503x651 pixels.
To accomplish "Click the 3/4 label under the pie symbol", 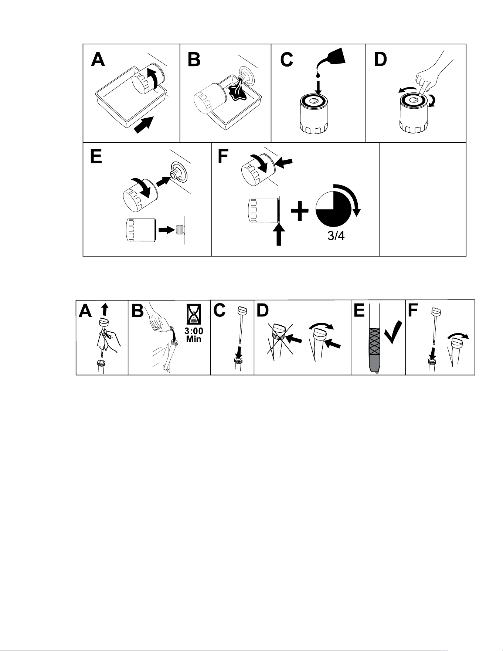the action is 336,236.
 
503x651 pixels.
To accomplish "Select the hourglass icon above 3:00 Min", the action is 194,316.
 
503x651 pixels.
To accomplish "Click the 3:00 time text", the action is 194,331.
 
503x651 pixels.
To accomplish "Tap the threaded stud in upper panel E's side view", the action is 180,230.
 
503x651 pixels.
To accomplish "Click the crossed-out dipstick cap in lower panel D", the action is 279,330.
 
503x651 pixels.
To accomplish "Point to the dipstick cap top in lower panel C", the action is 242,311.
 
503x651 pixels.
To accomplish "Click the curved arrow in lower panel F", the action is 458,335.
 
